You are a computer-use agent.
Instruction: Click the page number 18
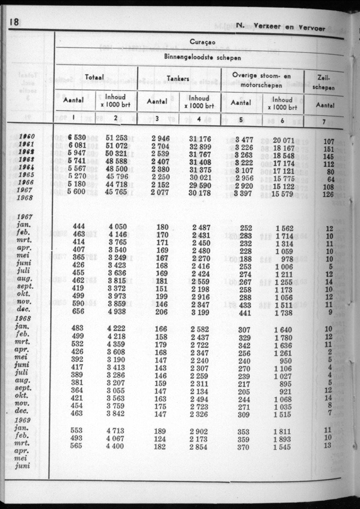14,22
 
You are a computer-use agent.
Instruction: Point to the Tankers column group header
178,78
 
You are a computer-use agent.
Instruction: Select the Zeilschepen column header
326,82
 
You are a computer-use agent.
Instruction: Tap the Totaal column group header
95,78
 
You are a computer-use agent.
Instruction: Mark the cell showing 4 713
115,430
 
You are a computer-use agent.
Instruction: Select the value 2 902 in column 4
199,430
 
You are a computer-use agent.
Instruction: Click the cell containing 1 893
282,438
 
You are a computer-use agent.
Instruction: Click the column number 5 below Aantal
241,119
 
